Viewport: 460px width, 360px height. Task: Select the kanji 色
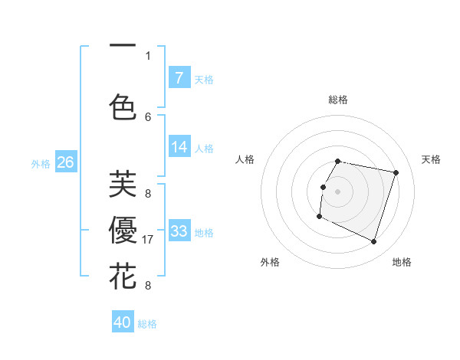coord(122,106)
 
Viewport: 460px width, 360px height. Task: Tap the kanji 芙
coord(122,184)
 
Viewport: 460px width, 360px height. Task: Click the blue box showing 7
coord(179,78)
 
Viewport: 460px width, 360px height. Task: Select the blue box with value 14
coord(179,148)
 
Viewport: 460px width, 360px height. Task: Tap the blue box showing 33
coord(179,231)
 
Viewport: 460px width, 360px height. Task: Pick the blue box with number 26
coord(65,162)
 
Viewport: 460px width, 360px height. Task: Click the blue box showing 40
coord(123,322)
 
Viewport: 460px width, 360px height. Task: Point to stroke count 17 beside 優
coord(149,240)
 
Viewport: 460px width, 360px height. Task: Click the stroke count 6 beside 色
coord(148,116)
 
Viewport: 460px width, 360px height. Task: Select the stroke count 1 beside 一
coord(148,55)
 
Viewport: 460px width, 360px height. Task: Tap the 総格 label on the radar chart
coord(338,100)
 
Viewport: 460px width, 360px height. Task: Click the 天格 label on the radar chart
coord(432,159)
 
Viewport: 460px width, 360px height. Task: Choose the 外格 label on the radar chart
coord(270,262)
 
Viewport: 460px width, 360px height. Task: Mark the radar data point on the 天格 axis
coord(396,172)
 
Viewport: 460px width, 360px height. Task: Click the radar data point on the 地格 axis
coord(374,242)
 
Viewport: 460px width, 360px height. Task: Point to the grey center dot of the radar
coord(337,191)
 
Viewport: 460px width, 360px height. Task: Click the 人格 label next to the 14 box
coord(204,149)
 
